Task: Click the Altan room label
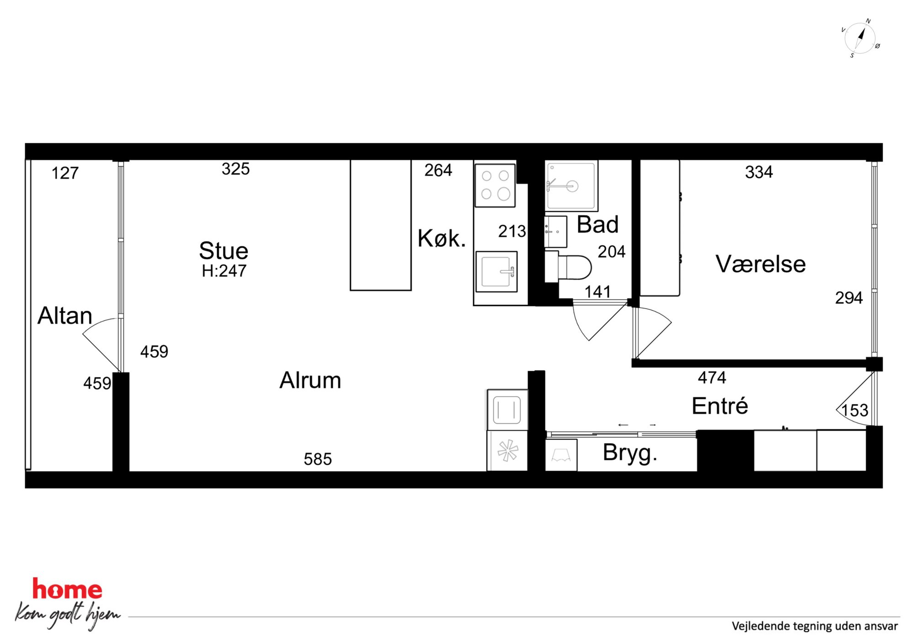[x=65, y=316]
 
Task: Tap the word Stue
[x=224, y=251]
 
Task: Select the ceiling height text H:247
[x=224, y=271]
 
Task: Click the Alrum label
[x=310, y=380]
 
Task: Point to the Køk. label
[x=442, y=238]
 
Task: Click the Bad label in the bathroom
[x=598, y=224]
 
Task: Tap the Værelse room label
[x=761, y=264]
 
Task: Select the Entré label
[x=720, y=405]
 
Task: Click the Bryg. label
[x=630, y=453]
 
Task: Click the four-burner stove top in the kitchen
[x=495, y=185]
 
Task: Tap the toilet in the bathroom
[x=568, y=267]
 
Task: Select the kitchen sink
[x=496, y=272]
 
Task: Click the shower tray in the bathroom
[x=571, y=185]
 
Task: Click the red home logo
[x=67, y=589]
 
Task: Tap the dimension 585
[x=318, y=459]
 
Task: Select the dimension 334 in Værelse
[x=759, y=172]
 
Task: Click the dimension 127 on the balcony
[x=65, y=173]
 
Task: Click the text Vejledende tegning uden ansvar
[x=815, y=626]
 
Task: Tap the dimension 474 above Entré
[x=712, y=378]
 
